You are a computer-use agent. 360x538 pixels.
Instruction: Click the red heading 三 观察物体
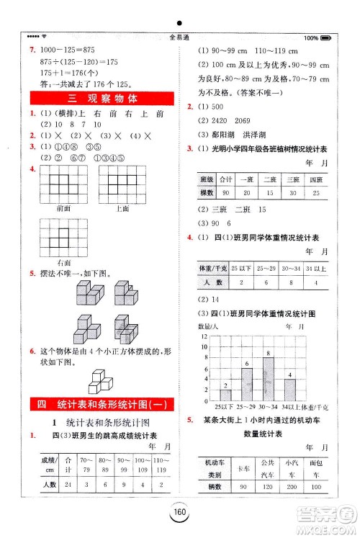click(x=91, y=99)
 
